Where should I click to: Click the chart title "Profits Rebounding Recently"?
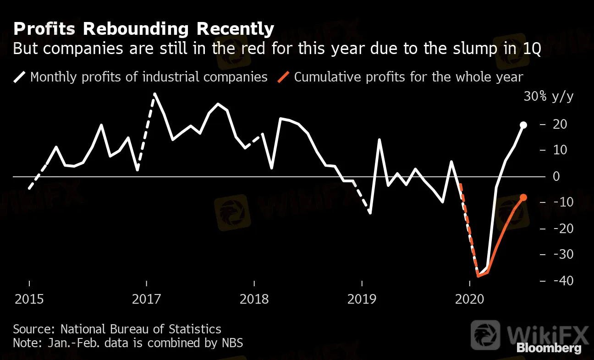[143, 29]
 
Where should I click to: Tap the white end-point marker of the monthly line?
[523, 125]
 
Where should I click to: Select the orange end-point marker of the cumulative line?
[523, 197]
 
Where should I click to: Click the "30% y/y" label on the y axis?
[548, 97]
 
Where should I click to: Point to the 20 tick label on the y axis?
[561, 125]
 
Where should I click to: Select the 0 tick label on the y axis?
[557, 176]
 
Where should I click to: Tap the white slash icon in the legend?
[20, 76]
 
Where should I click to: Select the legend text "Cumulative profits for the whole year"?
[408, 76]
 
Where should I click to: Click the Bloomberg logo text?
[549, 348]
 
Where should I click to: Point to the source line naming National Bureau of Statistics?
[117, 329]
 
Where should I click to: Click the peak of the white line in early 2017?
[155, 94]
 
